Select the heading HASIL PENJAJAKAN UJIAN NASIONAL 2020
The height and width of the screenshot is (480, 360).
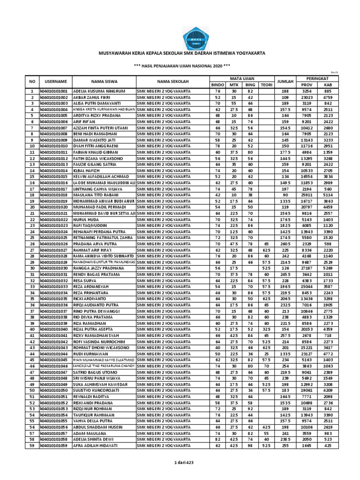[x=180, y=66]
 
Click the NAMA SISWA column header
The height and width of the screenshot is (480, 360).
[x=104, y=81]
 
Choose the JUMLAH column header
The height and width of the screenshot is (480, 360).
[x=285, y=81]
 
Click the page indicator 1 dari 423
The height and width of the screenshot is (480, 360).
[x=180, y=463]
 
